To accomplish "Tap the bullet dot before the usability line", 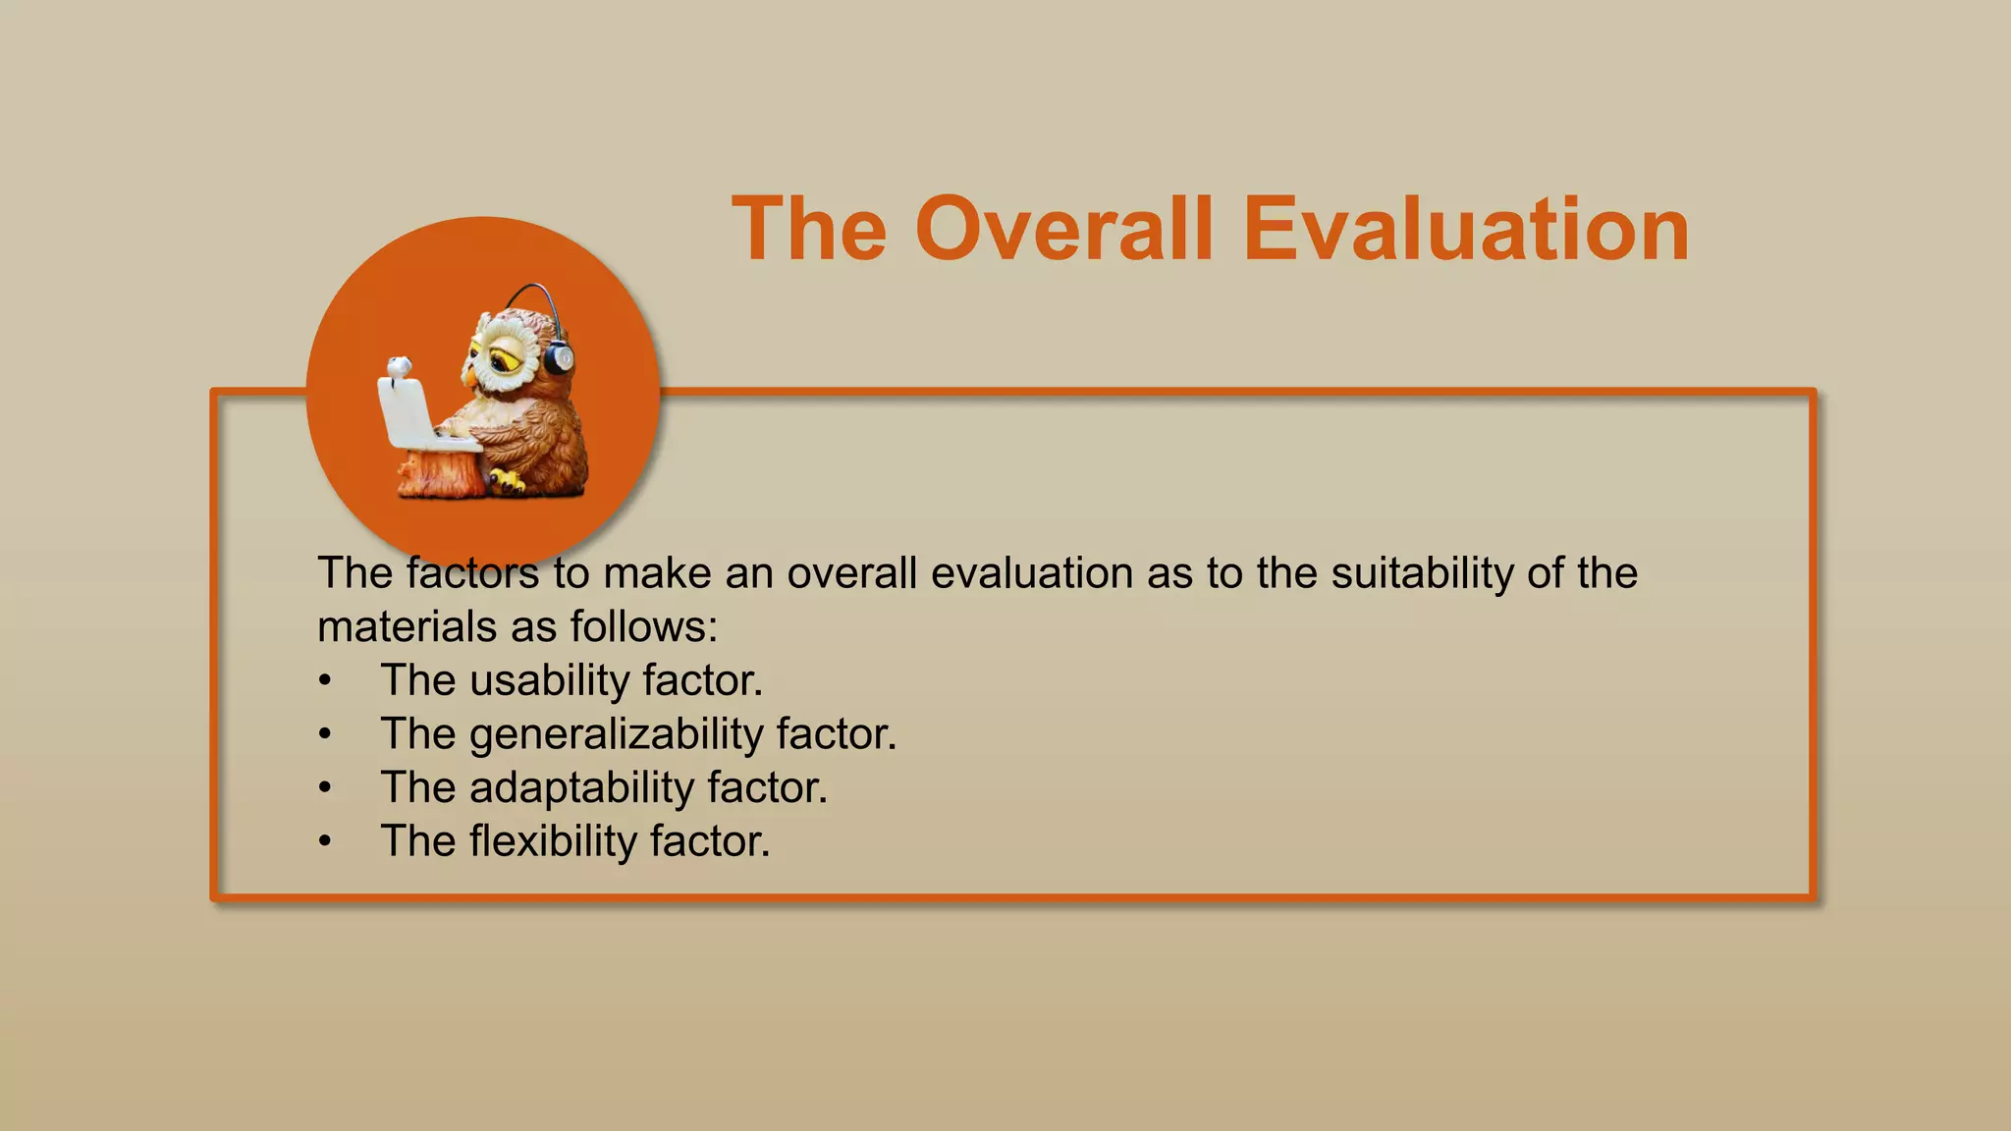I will [x=325, y=681].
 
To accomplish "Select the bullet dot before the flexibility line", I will [x=325, y=842].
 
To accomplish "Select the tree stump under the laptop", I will [x=442, y=473].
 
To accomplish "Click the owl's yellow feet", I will [x=508, y=481].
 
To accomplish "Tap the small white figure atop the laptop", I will [x=398, y=368].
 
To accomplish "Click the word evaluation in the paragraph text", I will [x=1032, y=573].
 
